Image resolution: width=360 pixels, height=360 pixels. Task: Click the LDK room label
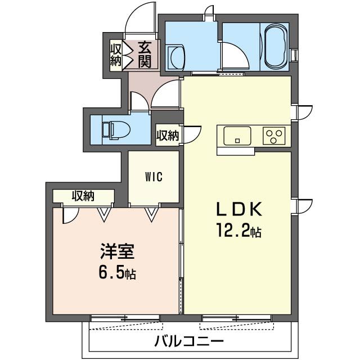pyautogui.click(x=239, y=209)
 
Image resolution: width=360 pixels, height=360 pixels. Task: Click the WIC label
pyautogui.click(x=154, y=177)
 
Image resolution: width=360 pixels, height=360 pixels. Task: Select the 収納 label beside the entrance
pyautogui.click(x=115, y=55)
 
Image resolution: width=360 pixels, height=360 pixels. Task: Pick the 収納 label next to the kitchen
pyautogui.click(x=167, y=136)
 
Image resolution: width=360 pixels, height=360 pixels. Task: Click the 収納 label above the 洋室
pyautogui.click(x=83, y=196)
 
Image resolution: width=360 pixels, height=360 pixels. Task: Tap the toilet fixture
pyautogui.click(x=115, y=129)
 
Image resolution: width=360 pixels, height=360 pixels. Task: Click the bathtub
pyautogui.click(x=274, y=46)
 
